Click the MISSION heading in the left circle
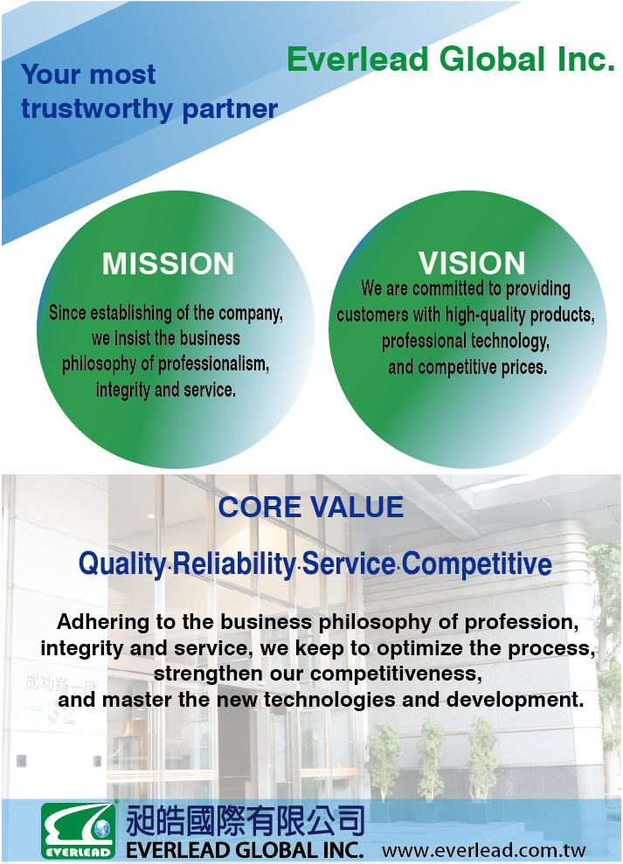168,263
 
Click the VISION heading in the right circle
472,263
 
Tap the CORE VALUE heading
311,507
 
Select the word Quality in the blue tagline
122,564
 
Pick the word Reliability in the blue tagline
234,563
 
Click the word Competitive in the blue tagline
477,563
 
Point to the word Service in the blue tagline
349,563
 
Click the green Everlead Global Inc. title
451,59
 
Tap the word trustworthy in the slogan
97,108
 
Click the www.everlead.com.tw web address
483,850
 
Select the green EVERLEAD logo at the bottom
79,830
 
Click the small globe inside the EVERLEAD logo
102,828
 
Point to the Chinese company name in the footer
246,820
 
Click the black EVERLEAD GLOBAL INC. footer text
245,850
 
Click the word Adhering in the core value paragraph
103,623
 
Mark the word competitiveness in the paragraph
396,674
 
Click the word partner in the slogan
230,109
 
